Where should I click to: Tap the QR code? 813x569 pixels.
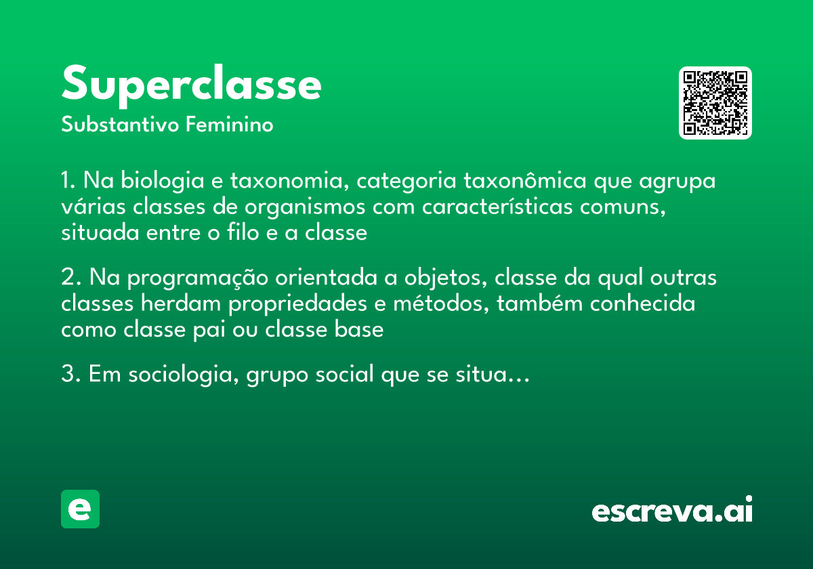pos(715,103)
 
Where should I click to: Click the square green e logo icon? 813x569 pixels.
pos(80,509)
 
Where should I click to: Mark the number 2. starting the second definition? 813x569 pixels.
pos(71,278)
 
